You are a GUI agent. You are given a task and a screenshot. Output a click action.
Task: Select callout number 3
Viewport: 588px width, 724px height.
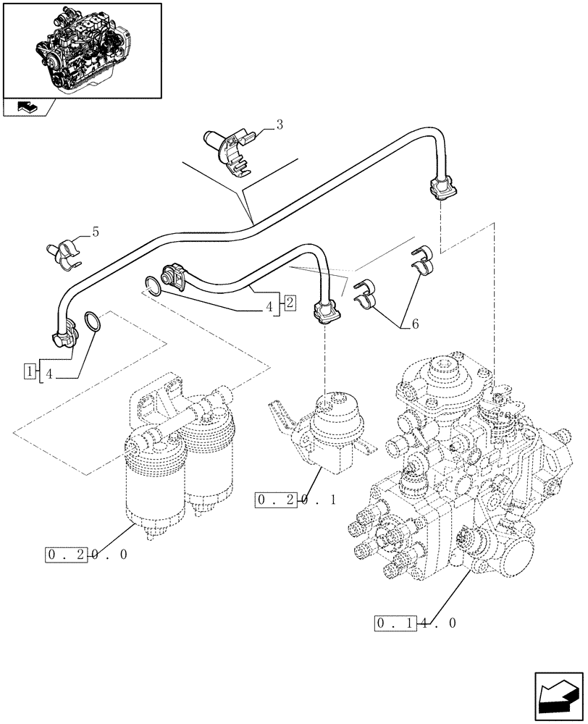coord(279,125)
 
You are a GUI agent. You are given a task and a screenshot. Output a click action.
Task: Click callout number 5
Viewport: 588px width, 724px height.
coord(95,232)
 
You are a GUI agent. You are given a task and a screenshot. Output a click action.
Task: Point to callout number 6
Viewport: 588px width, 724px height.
coord(413,326)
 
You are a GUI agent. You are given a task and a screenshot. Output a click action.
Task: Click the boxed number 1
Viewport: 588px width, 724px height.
coord(30,372)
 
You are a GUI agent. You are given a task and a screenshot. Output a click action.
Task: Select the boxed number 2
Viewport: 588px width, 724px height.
coord(288,303)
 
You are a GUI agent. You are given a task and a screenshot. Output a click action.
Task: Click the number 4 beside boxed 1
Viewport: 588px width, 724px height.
coord(49,375)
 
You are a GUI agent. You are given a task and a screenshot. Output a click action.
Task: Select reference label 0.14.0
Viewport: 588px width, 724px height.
coord(416,623)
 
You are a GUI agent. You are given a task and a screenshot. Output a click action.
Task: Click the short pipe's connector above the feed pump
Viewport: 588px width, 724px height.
coord(325,312)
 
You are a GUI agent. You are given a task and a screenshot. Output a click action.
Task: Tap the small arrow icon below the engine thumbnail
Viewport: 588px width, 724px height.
coord(28,107)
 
